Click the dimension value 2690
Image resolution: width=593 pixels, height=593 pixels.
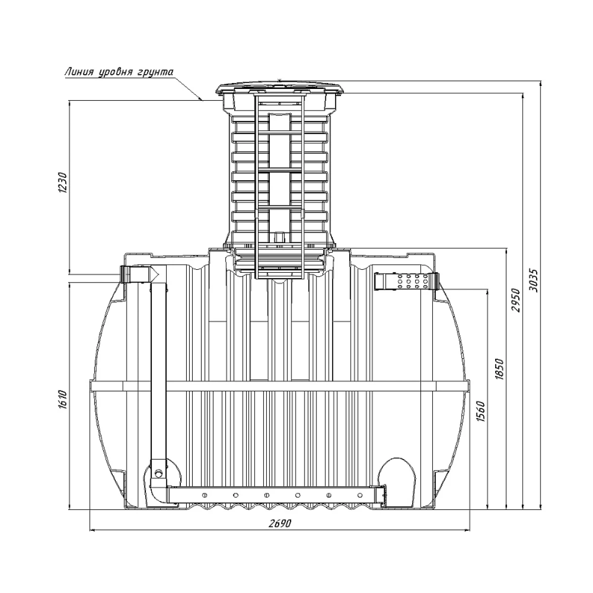tap(279, 523)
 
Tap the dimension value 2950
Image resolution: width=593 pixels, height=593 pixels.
tap(517, 300)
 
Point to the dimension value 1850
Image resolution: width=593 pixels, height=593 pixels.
tap(500, 369)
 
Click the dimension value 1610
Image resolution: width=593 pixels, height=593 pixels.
tap(62, 399)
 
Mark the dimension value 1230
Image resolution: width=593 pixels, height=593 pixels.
tap(62, 182)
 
